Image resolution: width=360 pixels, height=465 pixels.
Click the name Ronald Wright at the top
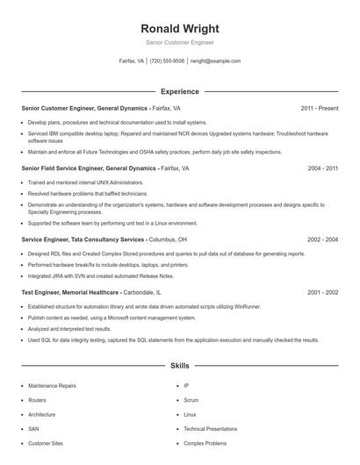pyautogui.click(x=179, y=28)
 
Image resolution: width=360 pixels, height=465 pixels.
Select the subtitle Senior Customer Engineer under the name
pyautogui.click(x=179, y=42)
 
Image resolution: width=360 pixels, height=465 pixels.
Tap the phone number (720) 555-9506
pyautogui.click(x=167, y=61)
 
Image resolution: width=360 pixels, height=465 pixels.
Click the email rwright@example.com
pyautogui.click(x=216, y=61)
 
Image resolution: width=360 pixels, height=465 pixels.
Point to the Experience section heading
pyautogui.click(x=179, y=91)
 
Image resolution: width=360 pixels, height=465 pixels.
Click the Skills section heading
pyautogui.click(x=179, y=364)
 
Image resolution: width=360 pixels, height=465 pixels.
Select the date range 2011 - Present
pyautogui.click(x=319, y=108)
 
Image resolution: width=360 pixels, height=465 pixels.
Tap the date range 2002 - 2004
pyautogui.click(x=322, y=240)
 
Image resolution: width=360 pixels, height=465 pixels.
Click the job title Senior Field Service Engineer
pyautogui.click(x=61, y=167)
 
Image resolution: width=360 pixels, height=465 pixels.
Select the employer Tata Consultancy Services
pyautogui.click(x=108, y=240)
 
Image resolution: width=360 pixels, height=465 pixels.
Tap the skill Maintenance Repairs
pyautogui.click(x=52, y=385)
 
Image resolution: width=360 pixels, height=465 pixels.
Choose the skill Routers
pyautogui.click(x=37, y=399)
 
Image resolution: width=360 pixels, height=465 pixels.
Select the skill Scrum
pyautogui.click(x=191, y=399)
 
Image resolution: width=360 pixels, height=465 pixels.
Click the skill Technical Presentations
pyautogui.click(x=210, y=428)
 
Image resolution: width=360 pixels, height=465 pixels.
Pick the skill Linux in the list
pyautogui.click(x=190, y=414)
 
